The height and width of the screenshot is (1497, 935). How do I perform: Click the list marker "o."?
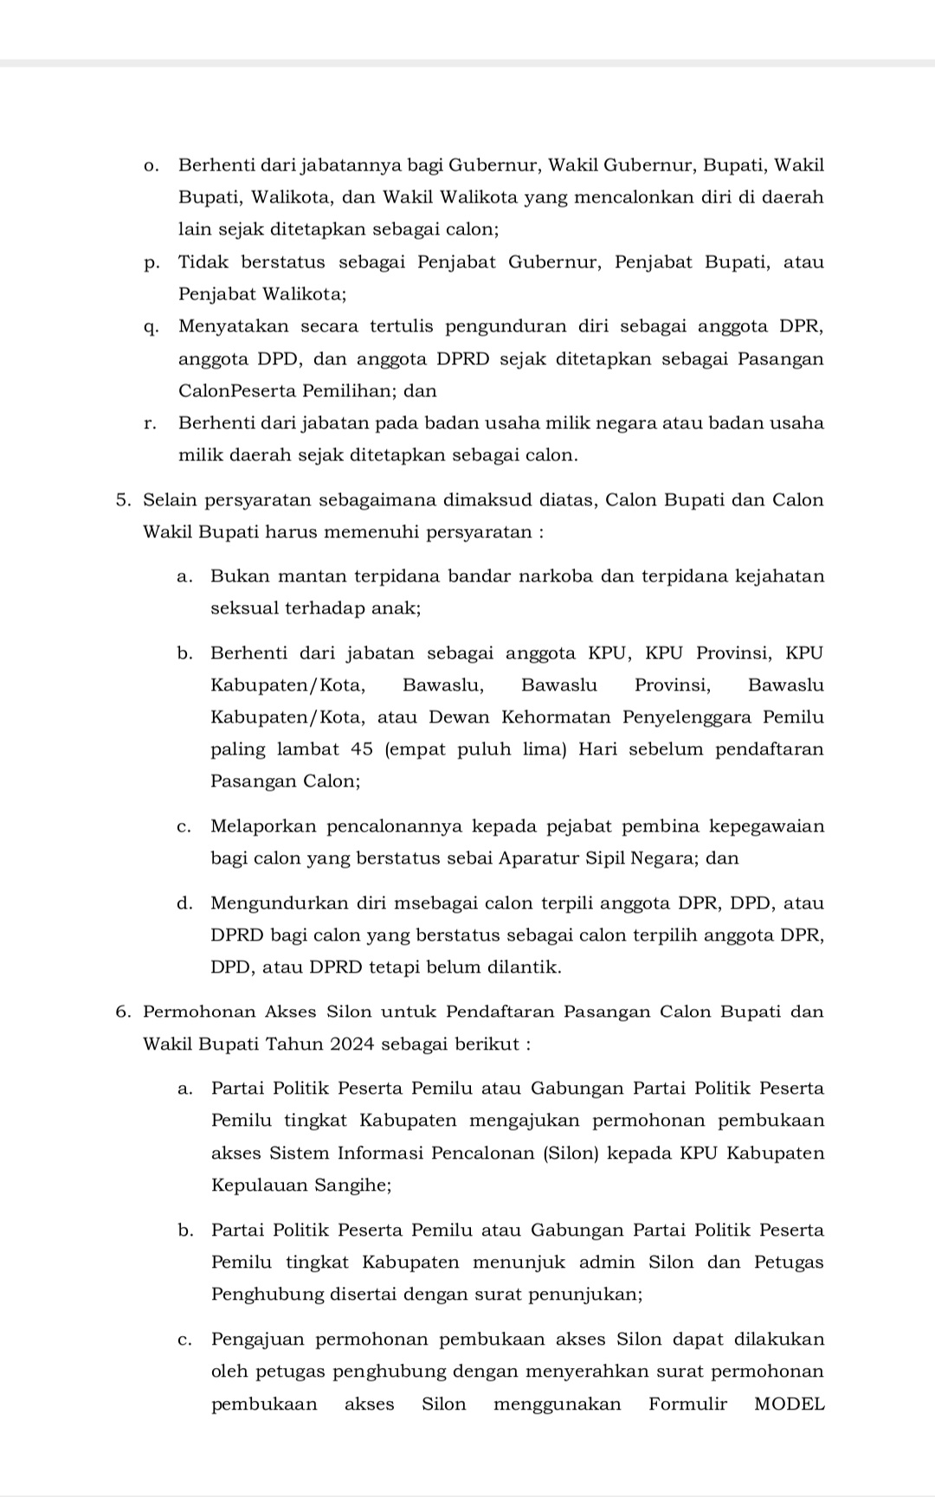(151, 165)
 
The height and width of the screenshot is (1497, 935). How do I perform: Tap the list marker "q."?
(151, 327)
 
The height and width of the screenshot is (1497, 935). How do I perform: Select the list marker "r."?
(151, 424)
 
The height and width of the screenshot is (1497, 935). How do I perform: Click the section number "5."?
(124, 500)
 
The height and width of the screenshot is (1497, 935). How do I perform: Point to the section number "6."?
(124, 1012)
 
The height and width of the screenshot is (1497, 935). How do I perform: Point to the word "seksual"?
(242, 608)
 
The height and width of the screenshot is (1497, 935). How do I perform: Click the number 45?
(362, 749)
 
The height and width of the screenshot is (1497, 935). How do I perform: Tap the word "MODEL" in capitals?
(789, 1404)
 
